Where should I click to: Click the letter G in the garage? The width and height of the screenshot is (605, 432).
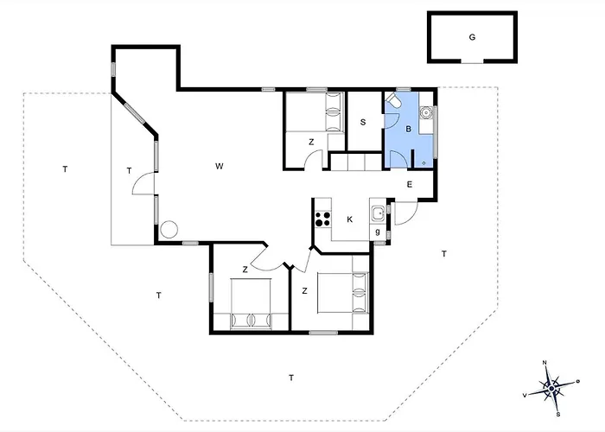(x=472, y=37)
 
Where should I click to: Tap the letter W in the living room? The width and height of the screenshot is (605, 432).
(x=220, y=166)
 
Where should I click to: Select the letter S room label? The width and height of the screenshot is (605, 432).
(x=363, y=123)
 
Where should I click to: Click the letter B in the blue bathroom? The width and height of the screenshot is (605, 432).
(x=408, y=130)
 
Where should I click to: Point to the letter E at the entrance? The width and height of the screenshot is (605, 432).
(x=410, y=184)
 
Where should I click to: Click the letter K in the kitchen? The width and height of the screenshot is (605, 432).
(x=349, y=219)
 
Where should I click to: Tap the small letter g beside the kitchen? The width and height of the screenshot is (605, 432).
(x=378, y=232)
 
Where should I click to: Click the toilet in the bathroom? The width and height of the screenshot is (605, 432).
(x=393, y=101)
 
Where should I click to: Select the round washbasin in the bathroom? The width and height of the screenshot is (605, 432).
(x=426, y=112)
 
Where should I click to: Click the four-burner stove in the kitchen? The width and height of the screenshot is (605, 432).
(x=323, y=219)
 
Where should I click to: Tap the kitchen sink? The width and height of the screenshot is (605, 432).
(x=378, y=213)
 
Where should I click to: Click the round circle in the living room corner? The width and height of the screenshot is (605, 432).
(x=169, y=230)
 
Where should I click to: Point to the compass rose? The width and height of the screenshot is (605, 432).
(x=552, y=388)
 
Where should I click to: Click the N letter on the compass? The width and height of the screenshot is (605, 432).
(x=544, y=363)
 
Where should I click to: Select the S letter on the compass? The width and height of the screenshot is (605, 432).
(x=558, y=415)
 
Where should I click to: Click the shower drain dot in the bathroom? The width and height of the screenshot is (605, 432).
(x=423, y=163)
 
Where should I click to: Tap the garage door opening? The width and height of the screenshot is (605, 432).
(x=472, y=61)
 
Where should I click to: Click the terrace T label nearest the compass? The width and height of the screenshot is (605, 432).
(x=444, y=254)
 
